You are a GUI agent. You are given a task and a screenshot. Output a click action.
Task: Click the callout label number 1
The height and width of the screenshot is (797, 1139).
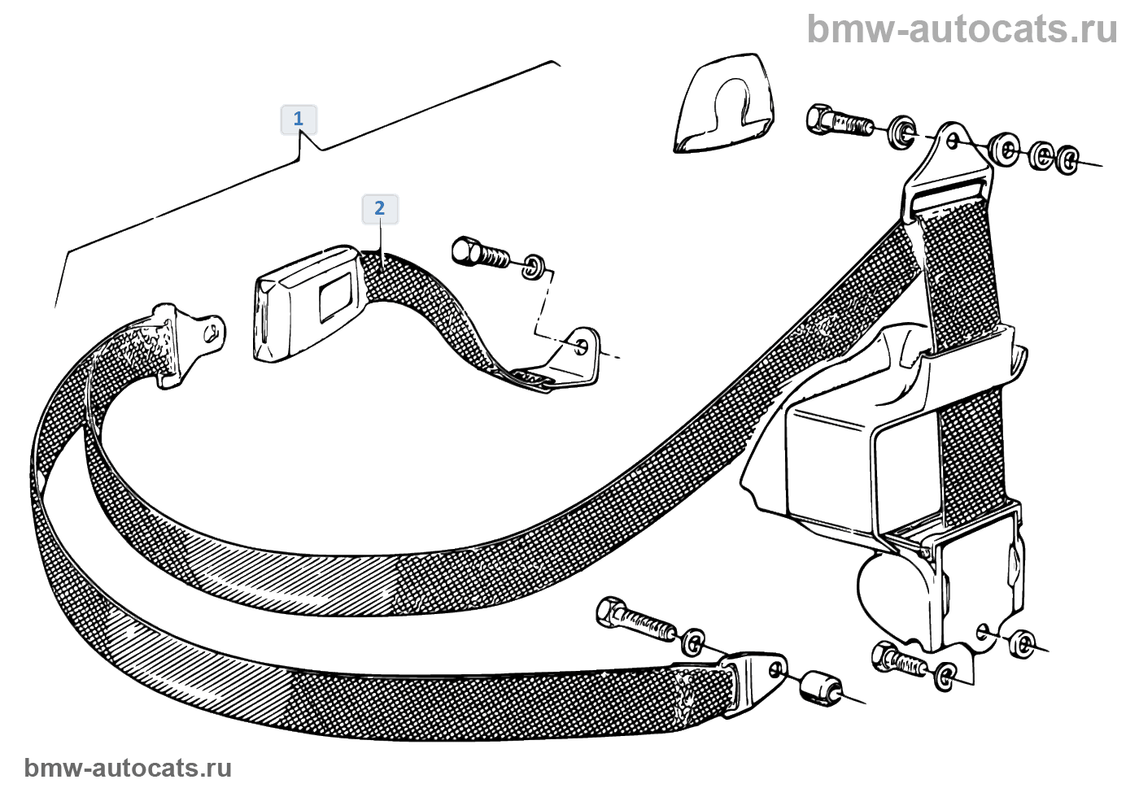point(298,119)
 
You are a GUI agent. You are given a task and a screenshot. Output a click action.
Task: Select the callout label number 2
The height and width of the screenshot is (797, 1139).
point(379,208)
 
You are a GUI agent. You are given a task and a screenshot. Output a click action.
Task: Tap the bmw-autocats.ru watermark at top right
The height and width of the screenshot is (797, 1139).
point(962,29)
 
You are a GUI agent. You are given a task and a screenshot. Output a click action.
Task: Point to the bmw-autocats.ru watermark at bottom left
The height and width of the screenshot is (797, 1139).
point(128,768)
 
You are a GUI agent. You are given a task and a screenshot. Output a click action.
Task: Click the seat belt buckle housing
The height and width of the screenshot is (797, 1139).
point(304,302)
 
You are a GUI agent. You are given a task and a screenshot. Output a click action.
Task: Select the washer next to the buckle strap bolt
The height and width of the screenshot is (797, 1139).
point(534,265)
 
